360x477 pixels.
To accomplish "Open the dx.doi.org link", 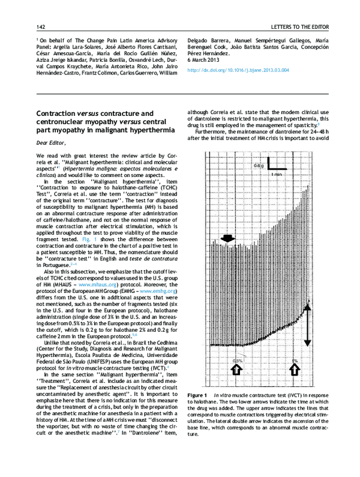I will click(x=238, y=70).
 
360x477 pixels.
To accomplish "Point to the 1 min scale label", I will click(x=277, y=174).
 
